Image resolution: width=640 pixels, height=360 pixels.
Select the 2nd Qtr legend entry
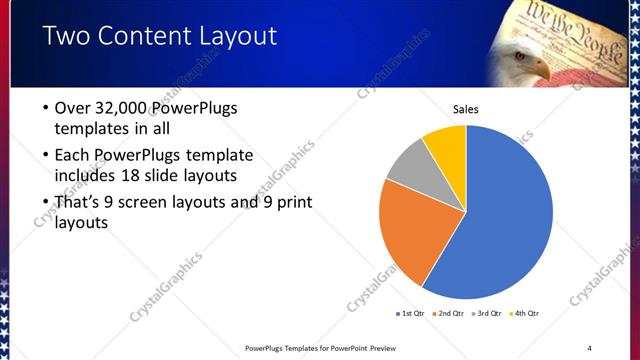(447, 313)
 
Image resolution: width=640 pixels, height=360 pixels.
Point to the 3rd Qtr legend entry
(486, 313)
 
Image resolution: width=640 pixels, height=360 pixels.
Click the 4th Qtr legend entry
(526, 313)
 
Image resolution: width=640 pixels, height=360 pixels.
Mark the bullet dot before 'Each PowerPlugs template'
(46, 155)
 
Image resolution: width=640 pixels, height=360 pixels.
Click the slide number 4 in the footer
(589, 348)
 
